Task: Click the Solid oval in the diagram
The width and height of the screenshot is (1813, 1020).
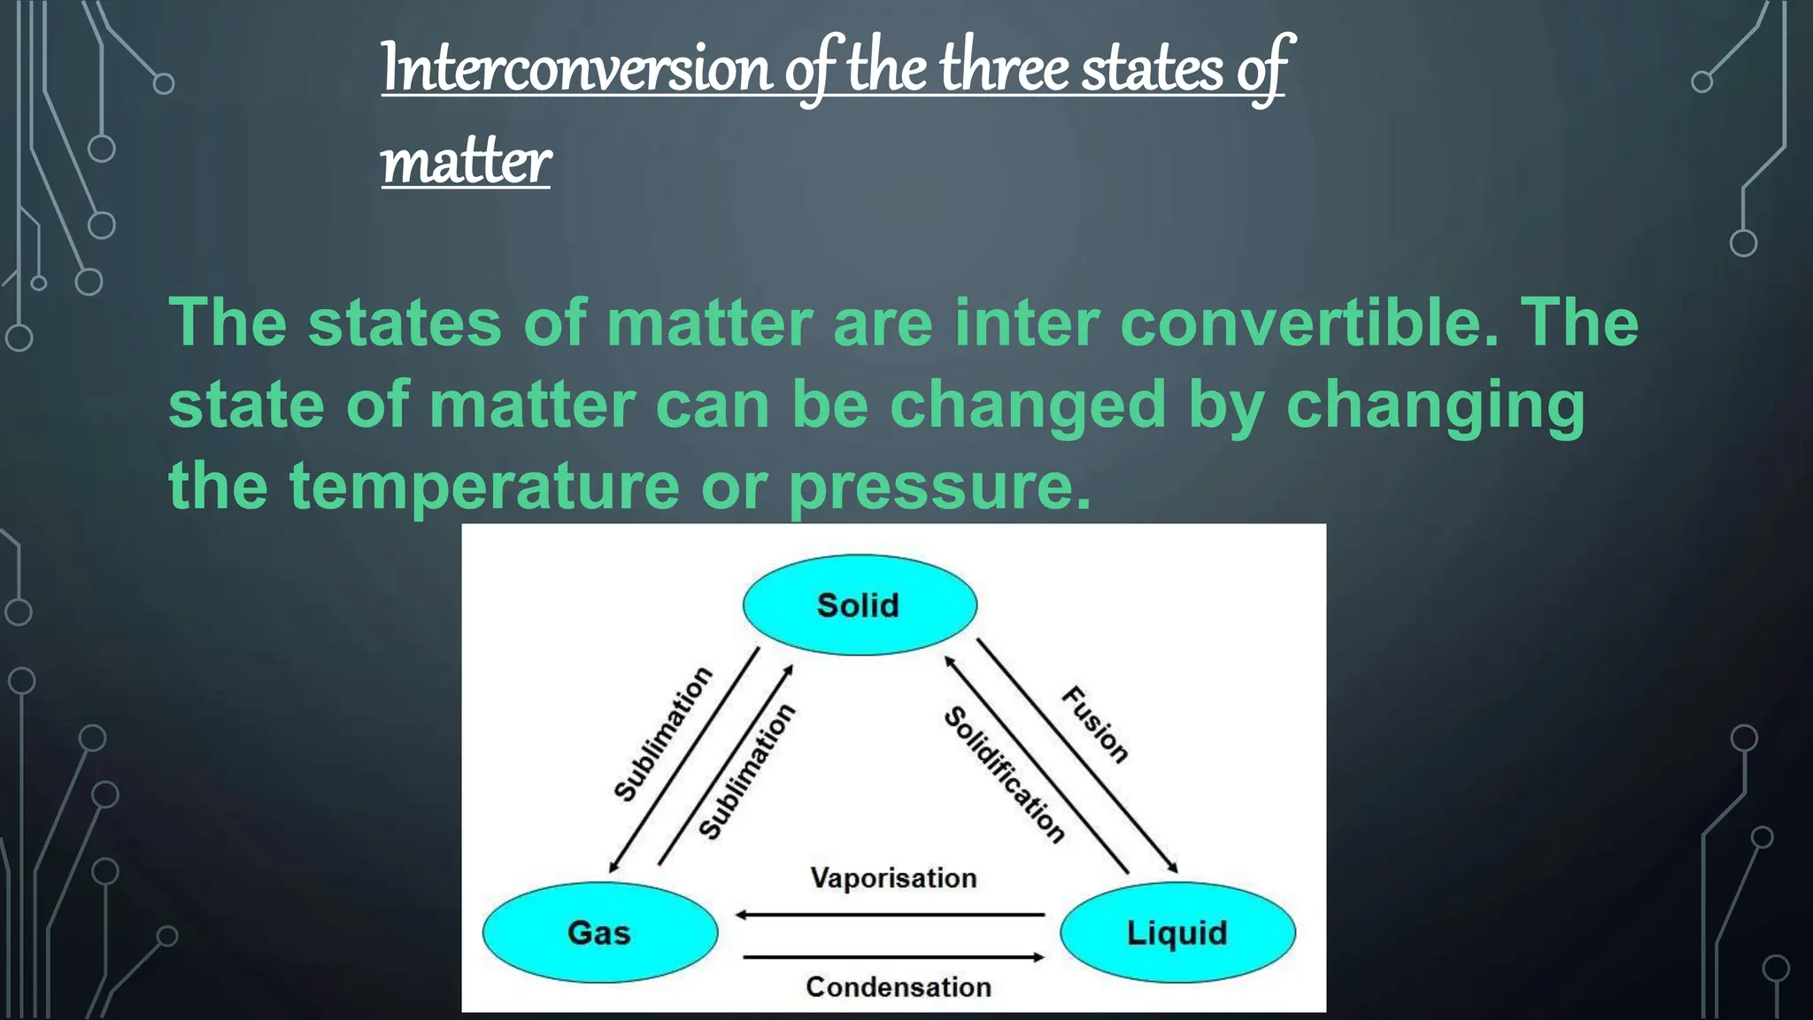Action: [x=859, y=606]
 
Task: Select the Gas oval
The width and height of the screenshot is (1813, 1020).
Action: [x=599, y=932]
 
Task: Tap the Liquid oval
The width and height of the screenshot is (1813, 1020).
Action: [x=1177, y=932]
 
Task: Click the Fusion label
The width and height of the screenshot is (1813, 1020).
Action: [x=1096, y=724]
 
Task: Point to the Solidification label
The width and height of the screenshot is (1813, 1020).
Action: [x=1005, y=775]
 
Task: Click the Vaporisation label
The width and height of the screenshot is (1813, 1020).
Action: [x=893, y=878]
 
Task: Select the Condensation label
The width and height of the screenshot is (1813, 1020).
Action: [x=898, y=986]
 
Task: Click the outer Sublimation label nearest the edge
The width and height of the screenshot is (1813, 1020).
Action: [x=663, y=734]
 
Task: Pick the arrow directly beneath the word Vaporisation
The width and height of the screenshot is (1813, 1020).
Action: [x=890, y=915]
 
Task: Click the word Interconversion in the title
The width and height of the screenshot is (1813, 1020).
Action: [x=576, y=69]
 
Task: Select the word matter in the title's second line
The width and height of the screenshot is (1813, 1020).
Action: [x=466, y=163]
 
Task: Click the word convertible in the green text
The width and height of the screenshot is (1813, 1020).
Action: [x=1309, y=322]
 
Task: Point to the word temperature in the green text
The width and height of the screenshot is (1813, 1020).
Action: [x=484, y=485]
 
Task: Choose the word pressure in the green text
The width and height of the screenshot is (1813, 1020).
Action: [x=939, y=487]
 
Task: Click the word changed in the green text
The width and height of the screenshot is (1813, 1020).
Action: [x=1027, y=405]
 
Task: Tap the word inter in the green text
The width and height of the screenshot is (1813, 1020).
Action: [x=1026, y=322]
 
